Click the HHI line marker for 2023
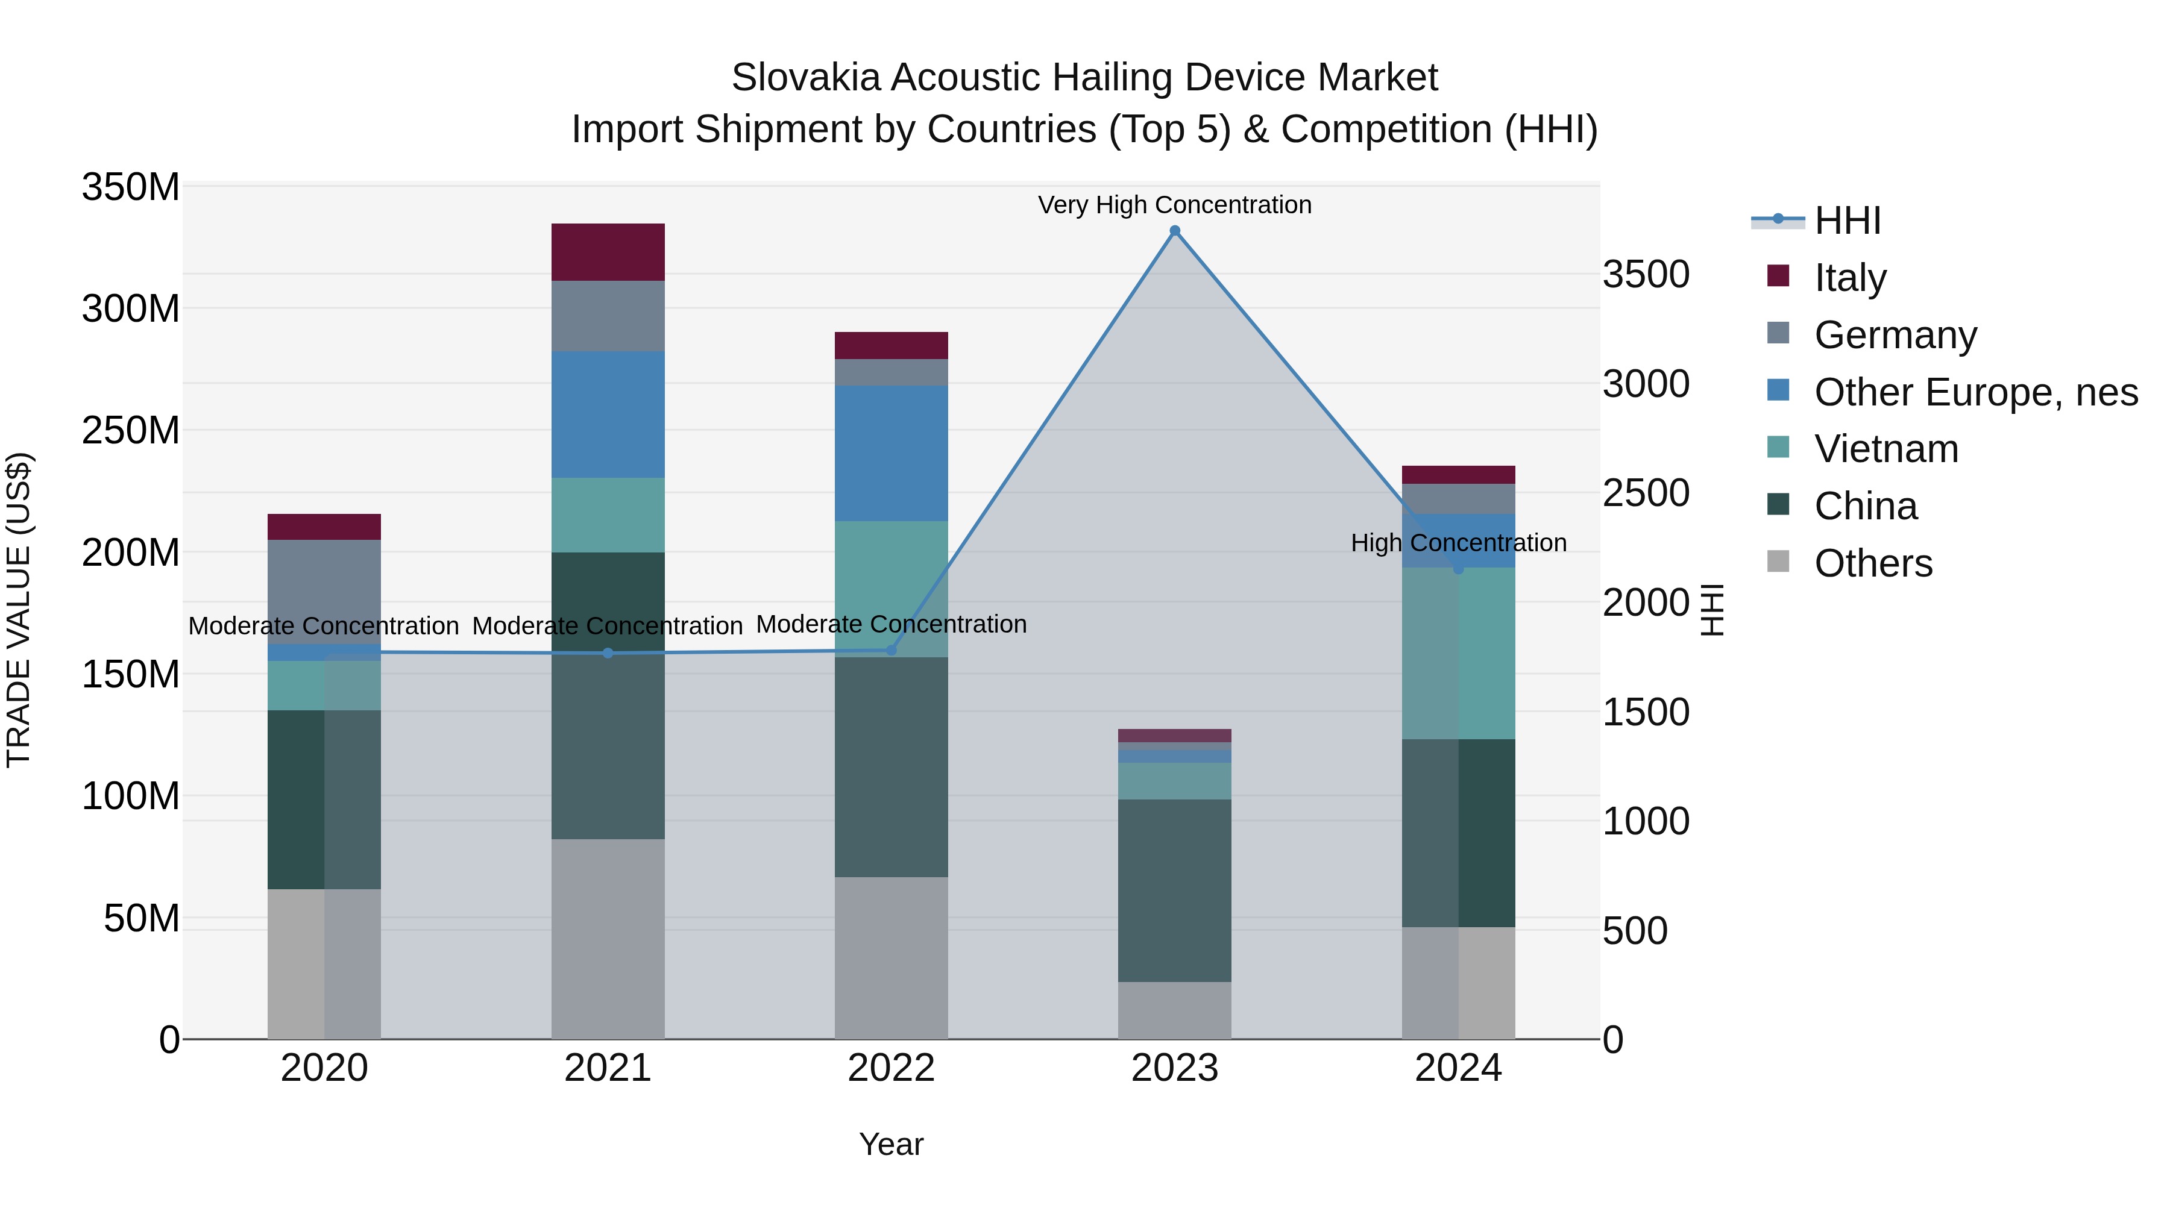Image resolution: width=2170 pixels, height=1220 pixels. (1174, 231)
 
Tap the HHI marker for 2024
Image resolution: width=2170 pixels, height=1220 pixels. (1458, 569)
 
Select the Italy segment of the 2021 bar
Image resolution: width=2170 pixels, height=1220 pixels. (608, 252)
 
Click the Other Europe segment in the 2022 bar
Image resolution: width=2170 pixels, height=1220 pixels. (892, 453)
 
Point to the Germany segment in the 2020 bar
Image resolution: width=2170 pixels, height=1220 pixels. (324, 591)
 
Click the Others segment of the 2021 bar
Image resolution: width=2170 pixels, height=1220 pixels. (608, 938)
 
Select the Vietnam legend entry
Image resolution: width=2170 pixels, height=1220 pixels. (1886, 449)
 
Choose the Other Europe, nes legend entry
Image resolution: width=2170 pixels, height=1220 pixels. (1975, 392)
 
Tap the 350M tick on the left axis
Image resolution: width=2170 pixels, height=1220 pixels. (131, 187)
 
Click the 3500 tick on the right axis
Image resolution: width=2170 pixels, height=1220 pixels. (1645, 275)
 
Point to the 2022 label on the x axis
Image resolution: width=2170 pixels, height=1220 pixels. (892, 1068)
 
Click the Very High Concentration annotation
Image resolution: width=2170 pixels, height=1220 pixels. (1174, 205)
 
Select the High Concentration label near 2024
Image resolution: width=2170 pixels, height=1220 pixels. (1458, 543)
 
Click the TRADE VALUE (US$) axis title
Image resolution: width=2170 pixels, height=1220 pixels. (19, 610)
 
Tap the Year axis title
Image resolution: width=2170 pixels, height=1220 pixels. (892, 1144)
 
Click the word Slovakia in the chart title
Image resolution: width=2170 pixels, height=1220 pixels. (805, 78)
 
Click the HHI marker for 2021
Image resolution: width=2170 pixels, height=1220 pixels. (608, 653)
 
